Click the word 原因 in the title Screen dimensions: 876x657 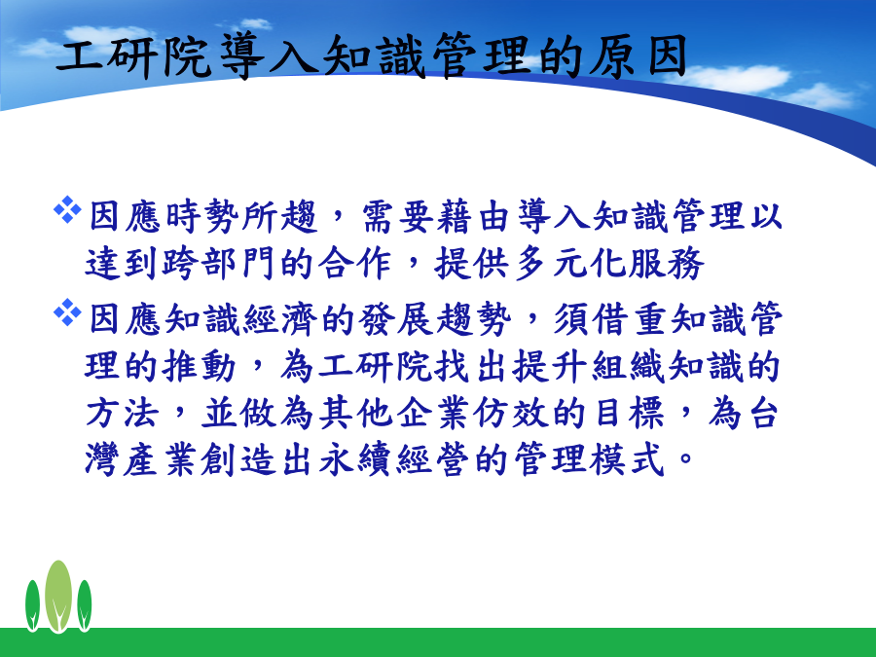point(638,55)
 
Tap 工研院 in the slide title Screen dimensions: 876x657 point(133,55)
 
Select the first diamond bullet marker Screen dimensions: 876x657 point(67,209)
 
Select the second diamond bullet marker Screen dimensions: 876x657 point(67,312)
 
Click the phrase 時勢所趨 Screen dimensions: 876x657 point(242,216)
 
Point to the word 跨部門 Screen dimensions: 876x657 point(219,263)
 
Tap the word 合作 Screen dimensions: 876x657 point(354,263)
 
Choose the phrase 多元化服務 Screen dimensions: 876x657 point(607,263)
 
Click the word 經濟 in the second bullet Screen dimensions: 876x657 point(280,319)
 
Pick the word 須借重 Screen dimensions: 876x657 point(610,319)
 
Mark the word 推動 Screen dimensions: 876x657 point(200,367)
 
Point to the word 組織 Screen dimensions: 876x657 point(629,367)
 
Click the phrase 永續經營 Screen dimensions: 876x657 point(393,460)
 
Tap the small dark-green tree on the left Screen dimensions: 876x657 point(32,605)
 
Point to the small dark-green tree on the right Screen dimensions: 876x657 point(85,605)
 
